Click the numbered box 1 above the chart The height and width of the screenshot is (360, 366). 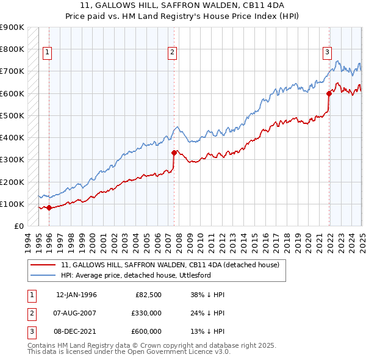47,53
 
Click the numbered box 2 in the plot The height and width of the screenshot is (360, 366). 173,53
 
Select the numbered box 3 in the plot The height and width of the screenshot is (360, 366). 327,53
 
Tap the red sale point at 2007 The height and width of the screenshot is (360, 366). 174,153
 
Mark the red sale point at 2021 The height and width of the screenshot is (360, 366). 329,93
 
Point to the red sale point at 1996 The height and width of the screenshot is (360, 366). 49,208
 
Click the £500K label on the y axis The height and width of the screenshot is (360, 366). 12,115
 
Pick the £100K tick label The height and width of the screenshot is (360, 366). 12,204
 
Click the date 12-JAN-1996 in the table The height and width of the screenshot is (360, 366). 76,295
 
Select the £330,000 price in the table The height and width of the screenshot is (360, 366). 147,313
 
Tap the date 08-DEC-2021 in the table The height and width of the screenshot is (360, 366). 76,331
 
